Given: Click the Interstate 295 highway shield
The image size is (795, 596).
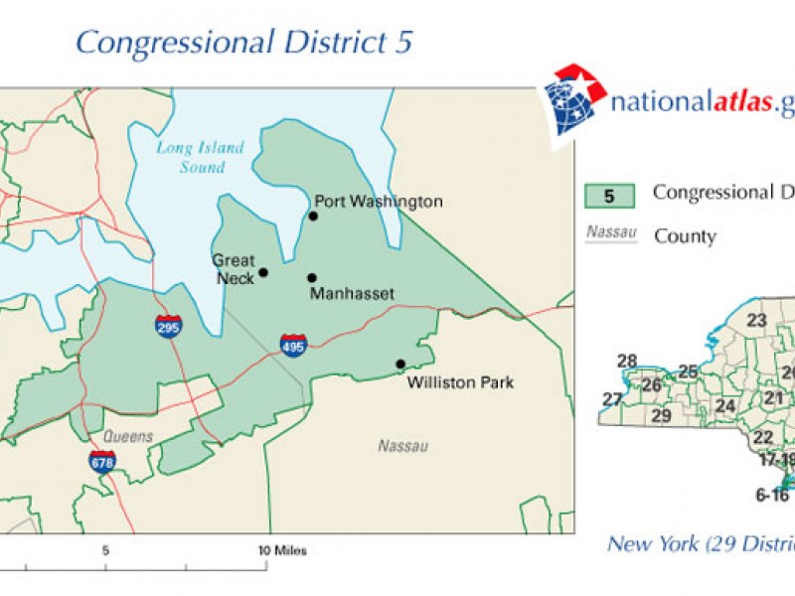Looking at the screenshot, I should click(168, 327).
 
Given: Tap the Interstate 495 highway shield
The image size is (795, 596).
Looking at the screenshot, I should click(293, 344).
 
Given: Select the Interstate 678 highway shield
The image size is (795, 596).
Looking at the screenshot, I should click(102, 461).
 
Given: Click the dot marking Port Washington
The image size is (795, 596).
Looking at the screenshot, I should click(313, 216).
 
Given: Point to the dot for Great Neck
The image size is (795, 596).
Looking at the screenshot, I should click(263, 272).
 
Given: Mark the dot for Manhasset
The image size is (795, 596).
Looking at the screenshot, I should click(311, 278).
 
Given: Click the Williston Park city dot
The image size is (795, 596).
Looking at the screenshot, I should click(400, 364).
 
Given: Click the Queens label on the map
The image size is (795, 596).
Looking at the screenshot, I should click(128, 437).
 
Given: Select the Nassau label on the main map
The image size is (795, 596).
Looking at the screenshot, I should click(402, 446).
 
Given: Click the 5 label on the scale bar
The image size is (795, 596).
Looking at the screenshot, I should click(104, 549).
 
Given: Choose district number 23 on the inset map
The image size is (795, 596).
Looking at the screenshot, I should click(757, 320).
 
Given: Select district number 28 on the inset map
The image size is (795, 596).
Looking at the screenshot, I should click(627, 361).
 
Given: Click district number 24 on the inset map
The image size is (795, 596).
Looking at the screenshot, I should click(724, 405).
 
